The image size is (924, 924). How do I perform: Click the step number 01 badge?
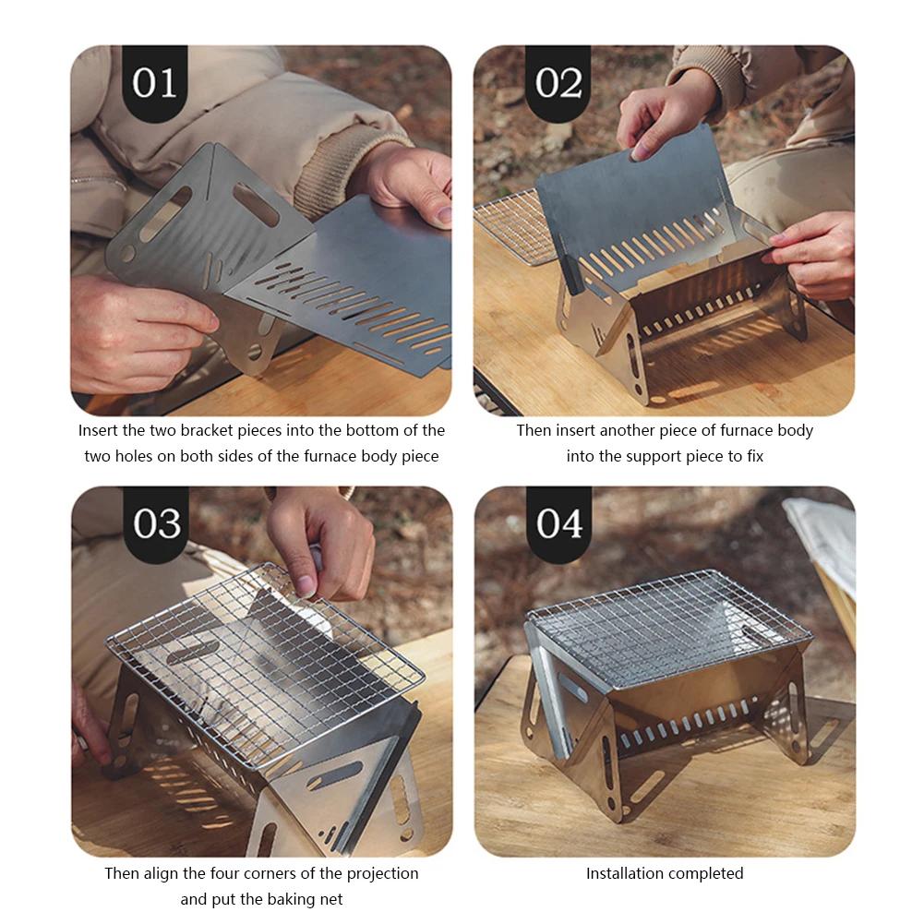click(x=154, y=83)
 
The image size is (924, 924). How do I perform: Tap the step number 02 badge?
click(x=559, y=83)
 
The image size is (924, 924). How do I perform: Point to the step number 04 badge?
click(x=560, y=523)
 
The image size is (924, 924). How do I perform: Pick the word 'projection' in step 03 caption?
click(x=378, y=873)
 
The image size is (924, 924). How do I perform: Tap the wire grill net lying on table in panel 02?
click(x=512, y=226)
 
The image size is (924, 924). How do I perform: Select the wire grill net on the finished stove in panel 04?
click(x=665, y=628)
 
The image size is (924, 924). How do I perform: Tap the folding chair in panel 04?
click(x=826, y=554)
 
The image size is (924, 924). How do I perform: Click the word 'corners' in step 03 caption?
click(x=256, y=873)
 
